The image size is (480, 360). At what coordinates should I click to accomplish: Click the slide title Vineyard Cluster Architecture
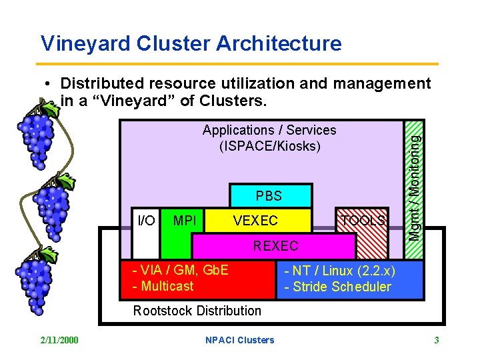click(x=191, y=44)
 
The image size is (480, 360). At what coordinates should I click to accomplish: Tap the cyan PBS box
click(x=270, y=196)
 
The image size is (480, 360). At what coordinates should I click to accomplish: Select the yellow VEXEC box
click(x=256, y=220)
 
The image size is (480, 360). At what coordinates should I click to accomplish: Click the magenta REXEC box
click(x=275, y=246)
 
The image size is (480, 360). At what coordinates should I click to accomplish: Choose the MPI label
click(x=184, y=220)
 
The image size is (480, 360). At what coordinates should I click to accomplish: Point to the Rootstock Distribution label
click(x=197, y=311)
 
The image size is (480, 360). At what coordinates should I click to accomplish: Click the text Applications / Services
click(x=269, y=130)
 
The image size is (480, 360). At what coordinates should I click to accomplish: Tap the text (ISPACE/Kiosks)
click(x=269, y=146)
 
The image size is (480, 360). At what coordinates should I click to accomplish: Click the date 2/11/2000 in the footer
click(x=59, y=340)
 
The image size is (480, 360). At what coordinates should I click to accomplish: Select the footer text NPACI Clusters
click(x=239, y=340)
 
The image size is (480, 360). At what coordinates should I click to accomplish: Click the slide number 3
click(x=436, y=340)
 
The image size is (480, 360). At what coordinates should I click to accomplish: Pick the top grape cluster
click(x=36, y=140)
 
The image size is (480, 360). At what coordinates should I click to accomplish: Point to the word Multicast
click(x=163, y=286)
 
